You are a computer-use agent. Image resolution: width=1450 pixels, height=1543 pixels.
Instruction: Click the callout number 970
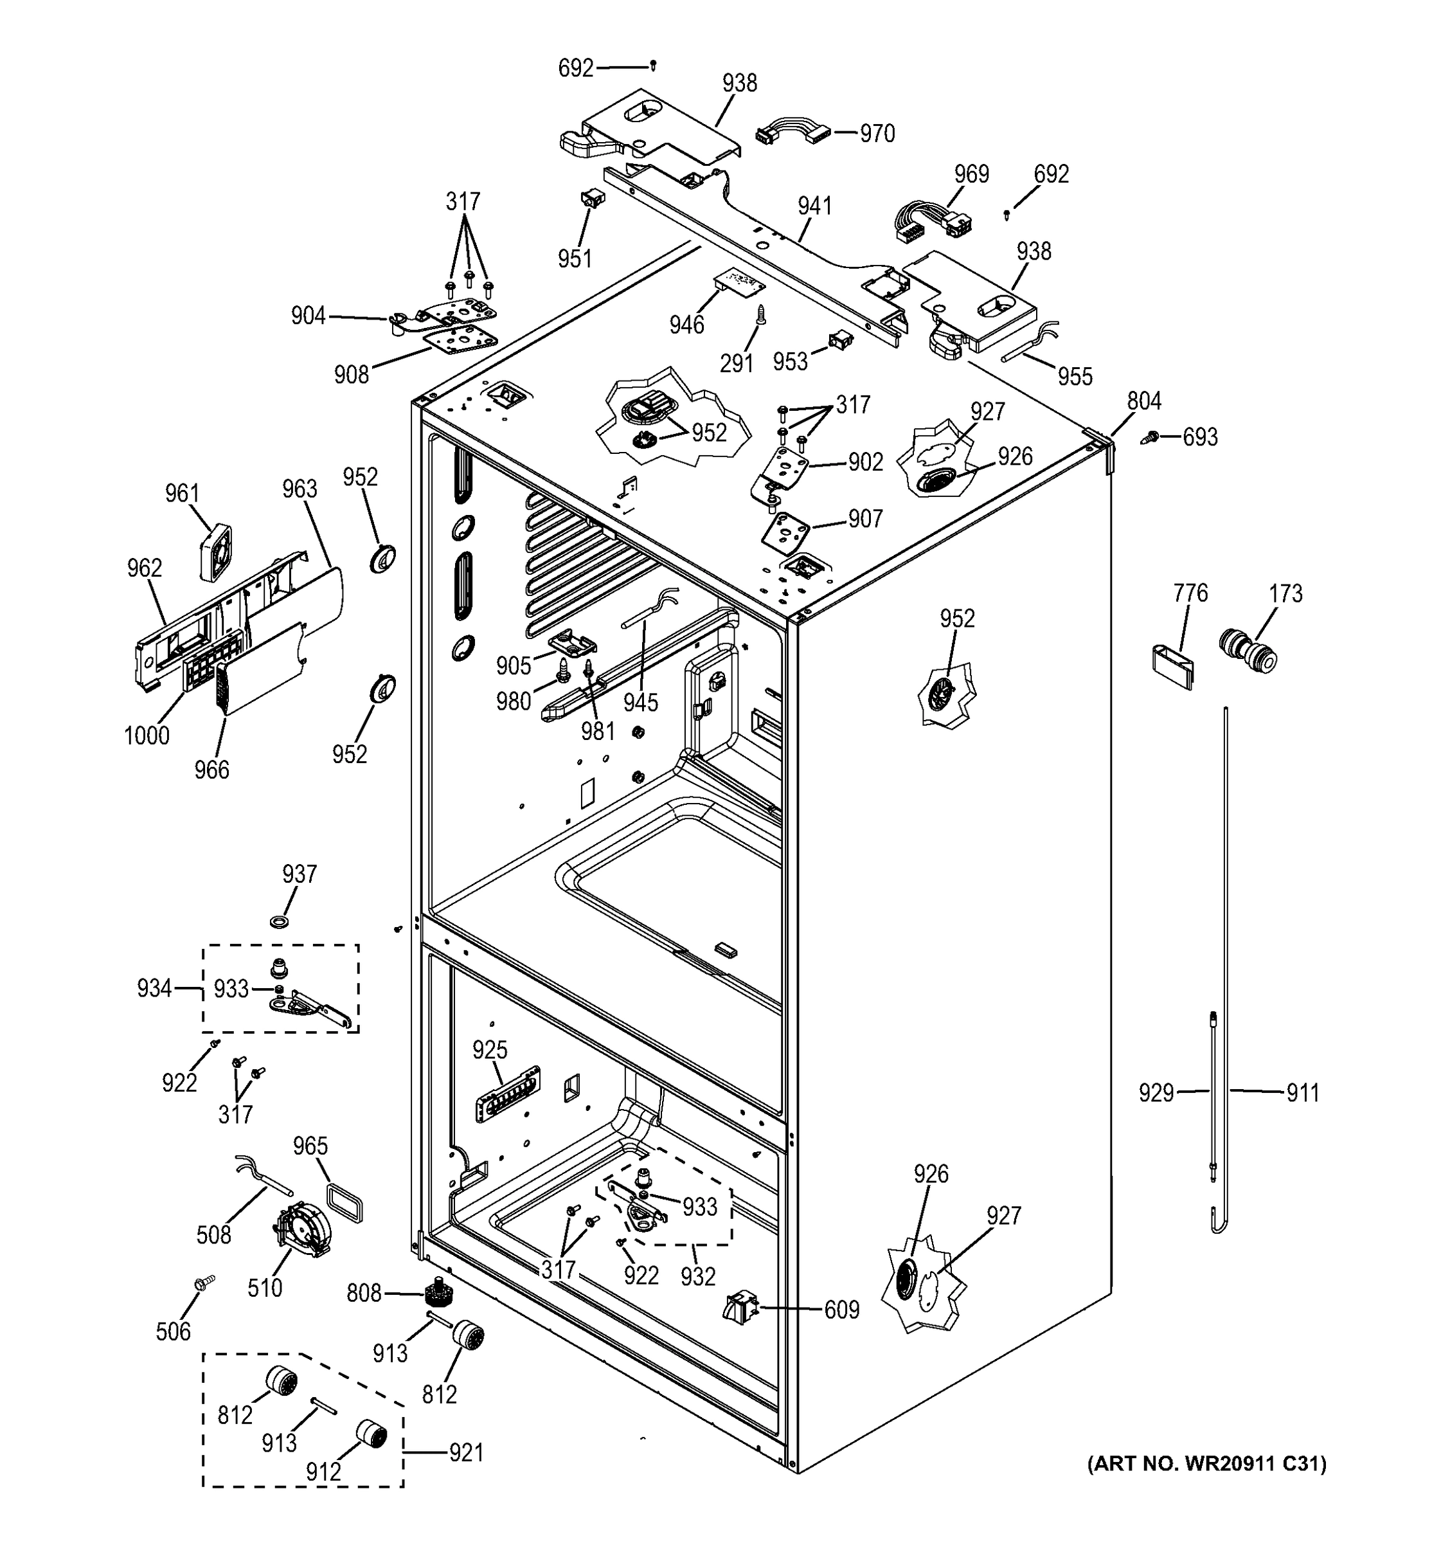click(877, 134)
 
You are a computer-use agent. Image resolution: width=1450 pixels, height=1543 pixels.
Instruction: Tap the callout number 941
click(814, 206)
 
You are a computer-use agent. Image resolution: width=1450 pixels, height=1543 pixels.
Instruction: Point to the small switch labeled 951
click(593, 199)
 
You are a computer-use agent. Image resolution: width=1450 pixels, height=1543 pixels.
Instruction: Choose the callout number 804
click(1143, 401)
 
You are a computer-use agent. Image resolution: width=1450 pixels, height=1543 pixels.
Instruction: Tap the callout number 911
click(1303, 1093)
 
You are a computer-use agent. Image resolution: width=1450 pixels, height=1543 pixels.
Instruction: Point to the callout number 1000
click(147, 734)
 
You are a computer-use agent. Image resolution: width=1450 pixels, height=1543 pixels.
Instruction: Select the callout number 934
click(154, 988)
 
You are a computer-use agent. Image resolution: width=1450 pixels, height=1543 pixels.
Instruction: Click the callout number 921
click(465, 1452)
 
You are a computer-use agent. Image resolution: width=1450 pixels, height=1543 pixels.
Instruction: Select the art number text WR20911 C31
click(1207, 1464)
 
